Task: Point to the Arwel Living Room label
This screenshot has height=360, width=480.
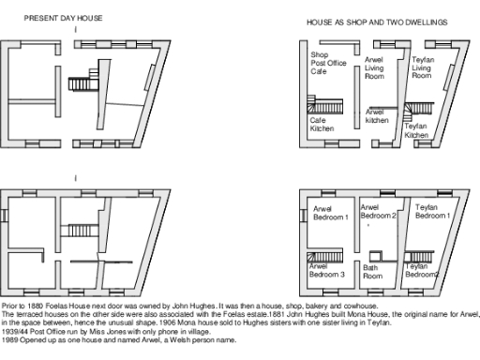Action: point(376,69)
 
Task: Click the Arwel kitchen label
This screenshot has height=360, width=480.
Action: point(377,116)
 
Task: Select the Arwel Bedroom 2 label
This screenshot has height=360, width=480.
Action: point(380,211)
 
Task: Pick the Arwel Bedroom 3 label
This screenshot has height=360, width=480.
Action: point(328,271)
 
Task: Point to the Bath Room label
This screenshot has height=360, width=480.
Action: point(373,272)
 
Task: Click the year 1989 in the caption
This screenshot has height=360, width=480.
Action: point(10,338)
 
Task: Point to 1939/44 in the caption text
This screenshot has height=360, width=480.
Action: point(15,331)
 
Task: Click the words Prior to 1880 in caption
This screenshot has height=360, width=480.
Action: point(22,307)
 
